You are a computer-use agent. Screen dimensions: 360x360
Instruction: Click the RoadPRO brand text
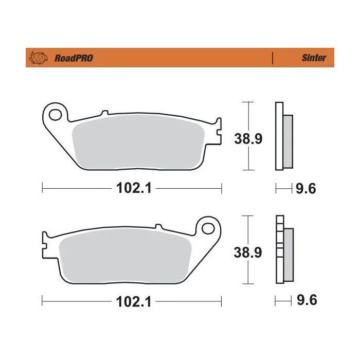tap(73, 58)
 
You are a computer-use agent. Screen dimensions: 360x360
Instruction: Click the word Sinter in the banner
tap(313, 58)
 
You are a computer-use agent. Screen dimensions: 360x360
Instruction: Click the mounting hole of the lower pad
tap(208, 227)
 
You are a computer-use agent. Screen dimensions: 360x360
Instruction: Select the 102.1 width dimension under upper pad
tap(132, 189)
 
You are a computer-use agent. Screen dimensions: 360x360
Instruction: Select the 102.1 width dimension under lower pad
tap(132, 302)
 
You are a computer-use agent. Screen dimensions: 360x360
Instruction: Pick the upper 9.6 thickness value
tap(305, 189)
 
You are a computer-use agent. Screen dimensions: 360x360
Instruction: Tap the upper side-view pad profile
tap(283, 136)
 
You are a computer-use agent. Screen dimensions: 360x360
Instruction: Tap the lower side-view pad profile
tap(283, 249)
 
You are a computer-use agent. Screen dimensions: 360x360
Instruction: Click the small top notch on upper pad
tap(104, 113)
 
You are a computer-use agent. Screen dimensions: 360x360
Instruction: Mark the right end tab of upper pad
tap(218, 129)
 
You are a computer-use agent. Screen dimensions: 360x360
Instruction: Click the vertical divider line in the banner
tap(272, 58)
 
